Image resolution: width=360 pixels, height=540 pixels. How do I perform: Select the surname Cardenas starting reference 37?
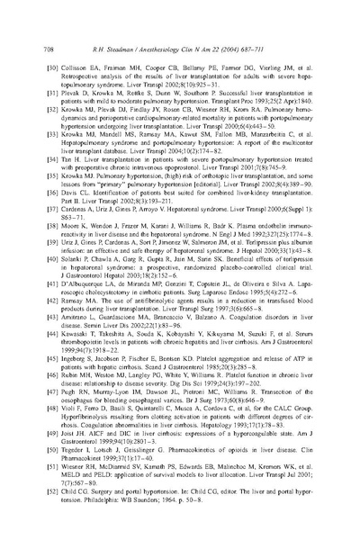point(76,206)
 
